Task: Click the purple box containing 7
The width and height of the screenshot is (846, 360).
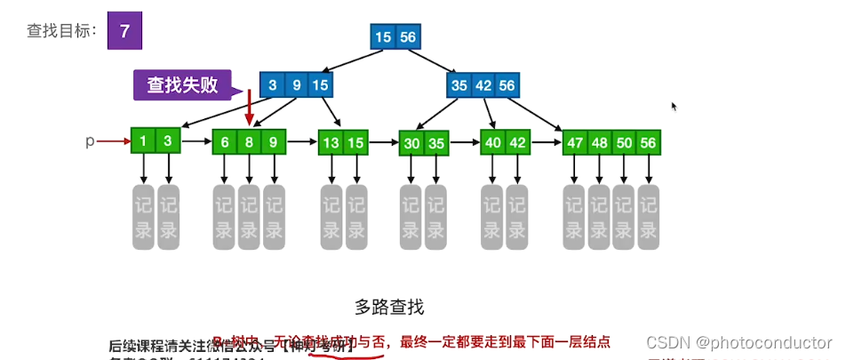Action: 124,30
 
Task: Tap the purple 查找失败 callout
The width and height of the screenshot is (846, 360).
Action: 182,85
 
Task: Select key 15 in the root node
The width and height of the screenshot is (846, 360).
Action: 383,36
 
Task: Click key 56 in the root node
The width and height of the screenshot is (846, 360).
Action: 407,36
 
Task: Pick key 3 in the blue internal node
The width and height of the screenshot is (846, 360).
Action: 272,85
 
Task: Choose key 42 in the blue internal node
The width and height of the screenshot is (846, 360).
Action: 483,85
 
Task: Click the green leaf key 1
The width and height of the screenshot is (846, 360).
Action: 143,141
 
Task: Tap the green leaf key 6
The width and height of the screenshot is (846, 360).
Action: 225,142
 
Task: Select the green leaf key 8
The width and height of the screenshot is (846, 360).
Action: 250,142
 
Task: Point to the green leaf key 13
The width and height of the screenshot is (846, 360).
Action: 331,142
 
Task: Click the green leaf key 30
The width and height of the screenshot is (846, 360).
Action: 411,142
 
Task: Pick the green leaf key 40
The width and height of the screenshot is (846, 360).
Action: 492,142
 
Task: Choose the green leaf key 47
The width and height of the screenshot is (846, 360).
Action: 575,142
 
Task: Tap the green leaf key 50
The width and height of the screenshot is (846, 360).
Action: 624,142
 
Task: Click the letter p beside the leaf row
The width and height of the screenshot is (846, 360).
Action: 89,141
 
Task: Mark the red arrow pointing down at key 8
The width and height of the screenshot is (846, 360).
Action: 250,111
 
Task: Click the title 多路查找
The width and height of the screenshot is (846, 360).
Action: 389,308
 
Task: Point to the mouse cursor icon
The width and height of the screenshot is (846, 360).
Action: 674,107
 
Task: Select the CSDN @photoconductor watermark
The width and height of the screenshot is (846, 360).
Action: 738,343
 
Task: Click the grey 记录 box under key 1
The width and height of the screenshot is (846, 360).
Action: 144,215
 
